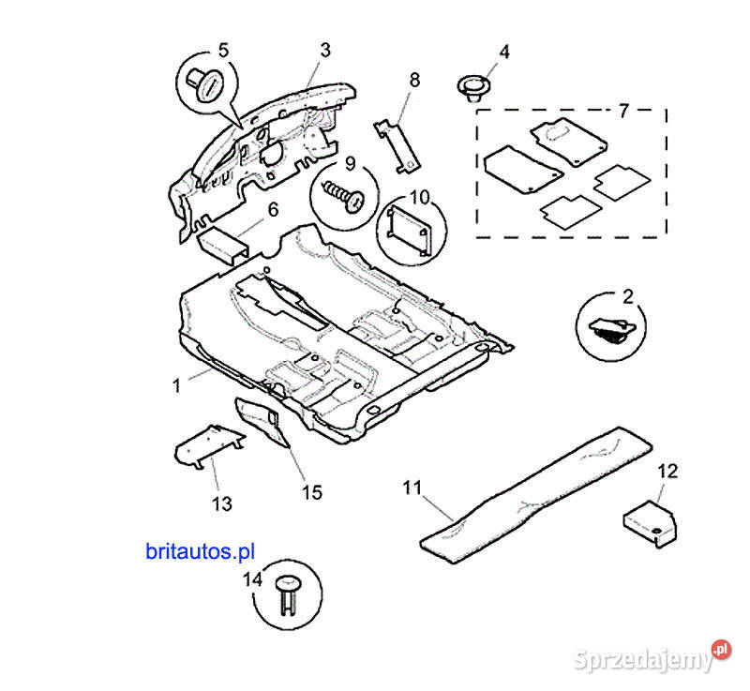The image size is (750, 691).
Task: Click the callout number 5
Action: tap(223, 49)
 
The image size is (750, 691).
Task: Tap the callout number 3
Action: tap(323, 49)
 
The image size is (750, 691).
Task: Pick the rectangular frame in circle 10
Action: tap(410, 230)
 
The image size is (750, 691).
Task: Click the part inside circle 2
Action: tap(609, 330)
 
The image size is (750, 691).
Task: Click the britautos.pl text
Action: tap(200, 551)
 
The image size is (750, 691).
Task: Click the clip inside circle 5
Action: tap(207, 83)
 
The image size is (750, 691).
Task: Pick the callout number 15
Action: tap(310, 490)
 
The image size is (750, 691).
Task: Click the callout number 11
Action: tap(413, 487)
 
